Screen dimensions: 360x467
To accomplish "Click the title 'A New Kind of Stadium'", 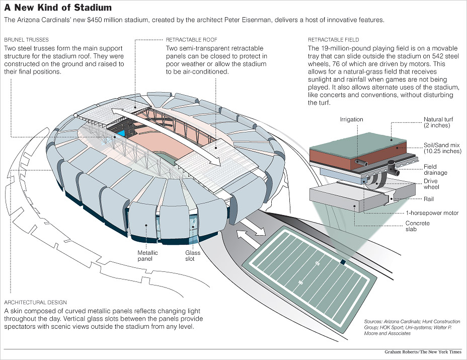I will (x=58, y=9).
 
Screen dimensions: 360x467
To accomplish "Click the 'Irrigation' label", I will (x=351, y=119).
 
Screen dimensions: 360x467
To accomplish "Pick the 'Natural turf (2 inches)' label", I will (x=436, y=122).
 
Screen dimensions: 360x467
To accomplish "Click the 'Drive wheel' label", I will (x=431, y=184).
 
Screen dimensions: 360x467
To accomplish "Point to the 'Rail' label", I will (x=428, y=199).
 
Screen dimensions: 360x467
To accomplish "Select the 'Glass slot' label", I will (x=192, y=256).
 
